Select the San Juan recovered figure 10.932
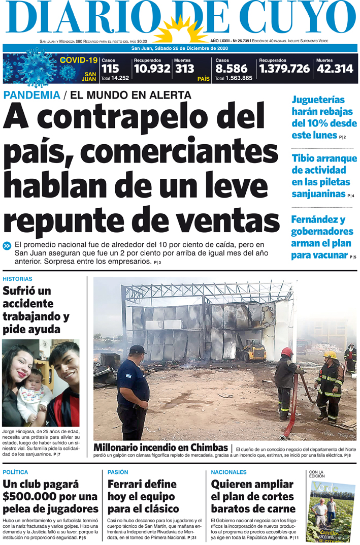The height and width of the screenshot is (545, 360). (x=152, y=69)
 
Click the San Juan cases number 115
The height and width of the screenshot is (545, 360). (x=110, y=69)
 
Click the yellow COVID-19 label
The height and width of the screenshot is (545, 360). (x=78, y=60)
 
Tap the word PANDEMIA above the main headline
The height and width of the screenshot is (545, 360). (x=31, y=94)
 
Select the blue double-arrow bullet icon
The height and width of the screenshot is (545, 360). (x=7, y=246)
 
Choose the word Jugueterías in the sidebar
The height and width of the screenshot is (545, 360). (x=318, y=100)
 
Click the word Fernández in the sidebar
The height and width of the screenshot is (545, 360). (x=318, y=220)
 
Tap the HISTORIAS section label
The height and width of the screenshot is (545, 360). (x=17, y=279)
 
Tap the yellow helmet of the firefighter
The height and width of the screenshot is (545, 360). (x=331, y=355)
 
